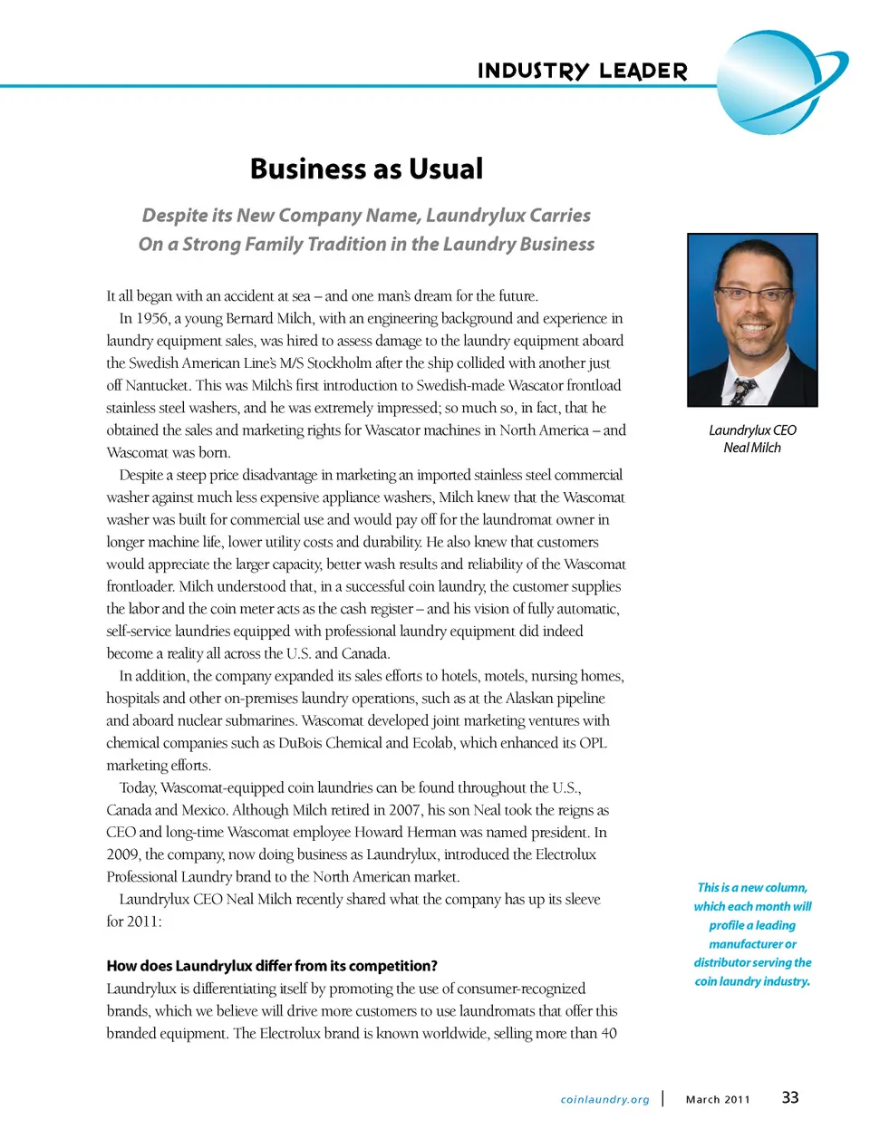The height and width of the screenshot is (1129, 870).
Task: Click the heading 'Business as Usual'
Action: pos(366,169)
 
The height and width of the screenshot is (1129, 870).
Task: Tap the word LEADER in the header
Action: pos(643,72)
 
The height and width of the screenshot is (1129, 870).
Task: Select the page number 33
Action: pos(790,1097)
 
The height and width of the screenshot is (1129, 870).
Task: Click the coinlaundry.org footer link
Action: pos(604,1100)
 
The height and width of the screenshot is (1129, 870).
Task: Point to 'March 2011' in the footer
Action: pos(718,1100)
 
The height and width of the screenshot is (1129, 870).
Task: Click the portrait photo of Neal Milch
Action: pos(752,320)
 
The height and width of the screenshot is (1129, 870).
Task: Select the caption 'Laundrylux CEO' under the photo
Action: pos(752,430)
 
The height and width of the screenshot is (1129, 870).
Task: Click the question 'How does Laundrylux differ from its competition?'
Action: pos(272,966)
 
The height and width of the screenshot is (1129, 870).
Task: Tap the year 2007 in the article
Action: pos(404,810)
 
